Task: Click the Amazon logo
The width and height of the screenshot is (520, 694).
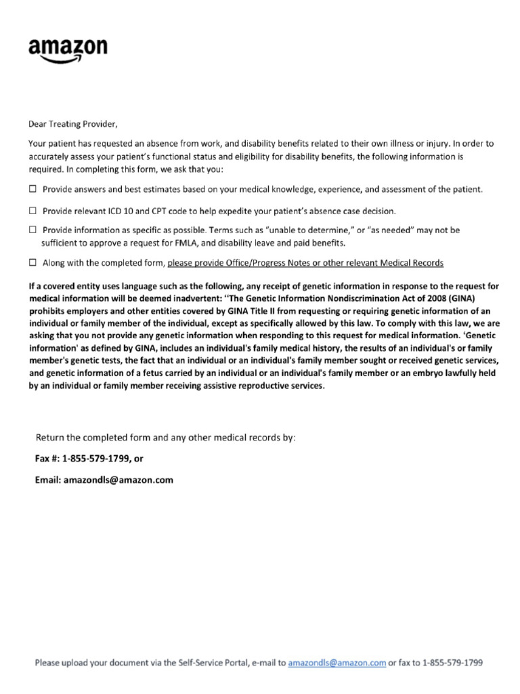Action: point(67,49)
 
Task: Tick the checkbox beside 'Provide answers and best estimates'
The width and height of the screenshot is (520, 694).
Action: point(32,189)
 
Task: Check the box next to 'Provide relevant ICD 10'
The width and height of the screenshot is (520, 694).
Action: point(32,211)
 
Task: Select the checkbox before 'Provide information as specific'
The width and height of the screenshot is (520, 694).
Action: point(32,230)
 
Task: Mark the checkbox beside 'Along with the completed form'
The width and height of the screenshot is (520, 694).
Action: point(32,262)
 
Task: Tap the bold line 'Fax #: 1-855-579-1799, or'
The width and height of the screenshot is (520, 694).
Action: point(89,459)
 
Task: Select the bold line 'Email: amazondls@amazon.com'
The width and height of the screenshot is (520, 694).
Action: point(104,480)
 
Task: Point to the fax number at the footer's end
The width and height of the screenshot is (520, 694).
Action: point(452,663)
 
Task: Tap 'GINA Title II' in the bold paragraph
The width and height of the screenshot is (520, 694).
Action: point(270,308)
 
